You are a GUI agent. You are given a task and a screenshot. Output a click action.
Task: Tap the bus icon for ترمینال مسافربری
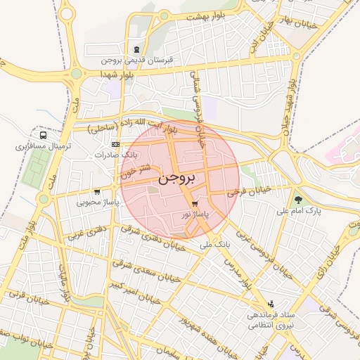(x=44, y=136)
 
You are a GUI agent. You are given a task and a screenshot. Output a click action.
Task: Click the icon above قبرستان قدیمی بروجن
(x=136, y=49)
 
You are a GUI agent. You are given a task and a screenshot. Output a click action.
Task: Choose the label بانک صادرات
(x=117, y=154)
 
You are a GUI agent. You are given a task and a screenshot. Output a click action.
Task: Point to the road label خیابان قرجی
(x=243, y=191)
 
